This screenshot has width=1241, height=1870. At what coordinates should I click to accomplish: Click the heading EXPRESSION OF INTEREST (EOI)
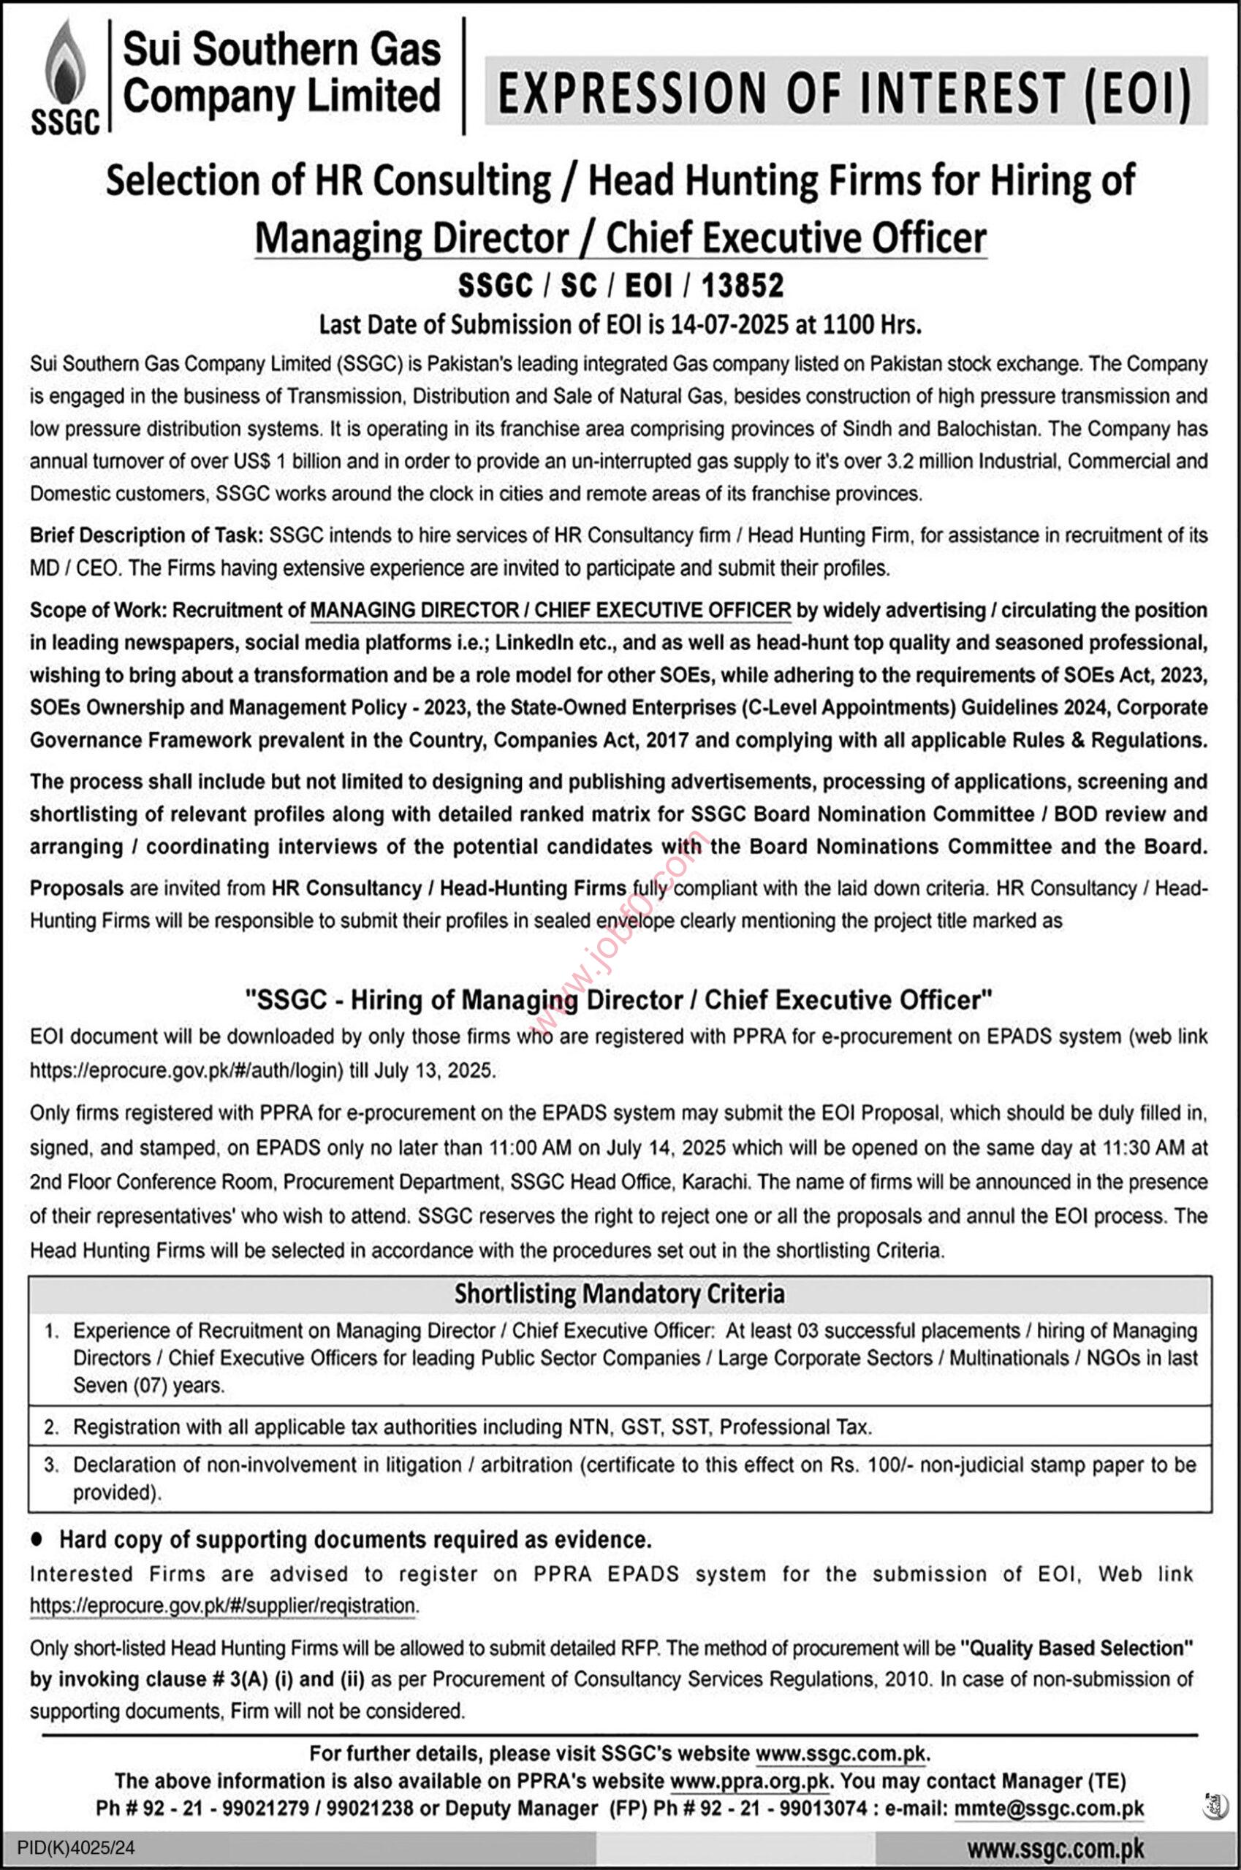844,92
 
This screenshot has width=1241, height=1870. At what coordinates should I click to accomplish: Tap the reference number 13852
742,286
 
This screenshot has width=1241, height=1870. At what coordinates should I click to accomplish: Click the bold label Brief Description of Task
146,535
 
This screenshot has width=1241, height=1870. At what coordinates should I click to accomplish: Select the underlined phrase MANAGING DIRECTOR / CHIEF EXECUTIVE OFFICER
551,610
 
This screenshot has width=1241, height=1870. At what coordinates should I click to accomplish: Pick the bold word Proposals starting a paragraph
77,888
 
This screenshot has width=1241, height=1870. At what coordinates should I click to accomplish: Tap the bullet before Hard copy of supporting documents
37,1539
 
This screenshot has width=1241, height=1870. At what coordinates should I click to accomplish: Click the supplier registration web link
223,1606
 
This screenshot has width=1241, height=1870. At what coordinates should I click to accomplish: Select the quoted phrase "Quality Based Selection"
1077,1649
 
